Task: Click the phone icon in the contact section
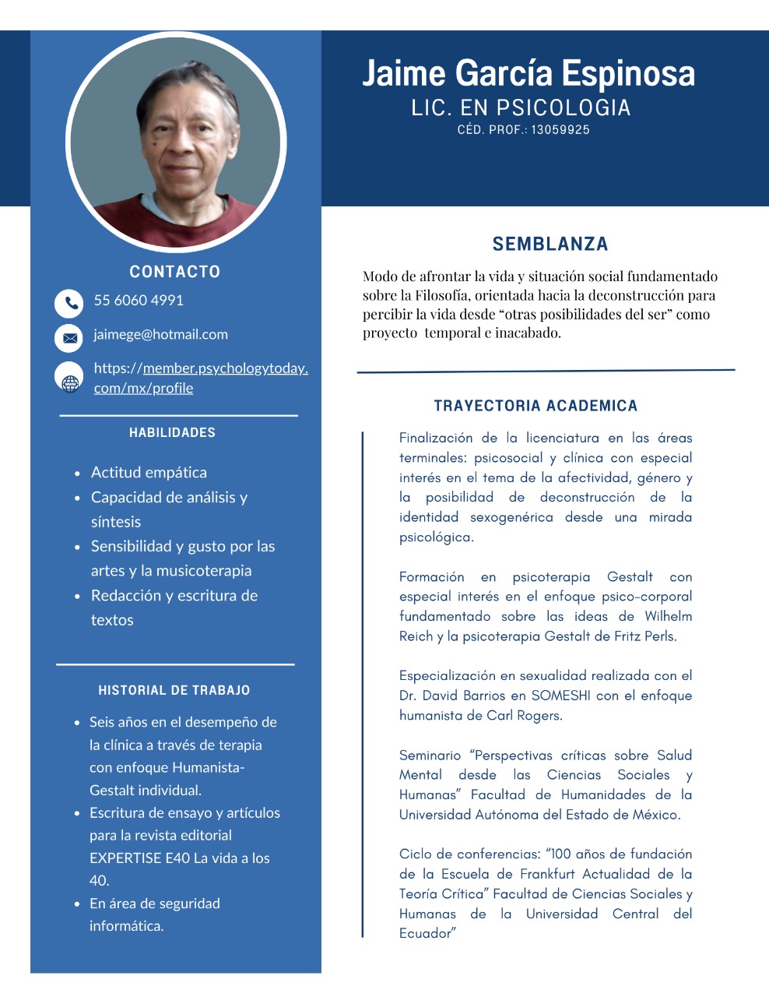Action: tap(68, 303)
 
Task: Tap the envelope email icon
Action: tap(68, 337)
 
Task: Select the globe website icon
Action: tap(69, 378)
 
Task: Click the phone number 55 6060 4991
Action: tap(139, 301)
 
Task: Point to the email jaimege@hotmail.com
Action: tap(160, 335)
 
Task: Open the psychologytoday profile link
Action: tap(201, 378)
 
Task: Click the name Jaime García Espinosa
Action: tap(528, 73)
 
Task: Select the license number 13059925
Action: tap(560, 130)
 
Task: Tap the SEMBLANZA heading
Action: tap(550, 244)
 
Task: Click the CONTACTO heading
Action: tap(174, 272)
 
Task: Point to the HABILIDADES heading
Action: tap(172, 432)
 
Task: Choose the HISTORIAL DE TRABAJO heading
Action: tap(174, 690)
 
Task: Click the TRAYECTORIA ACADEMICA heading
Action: tap(535, 406)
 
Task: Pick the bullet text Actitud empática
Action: tap(149, 472)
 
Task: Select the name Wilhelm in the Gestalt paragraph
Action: tap(668, 616)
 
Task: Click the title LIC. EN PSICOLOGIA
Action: tap(521, 107)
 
